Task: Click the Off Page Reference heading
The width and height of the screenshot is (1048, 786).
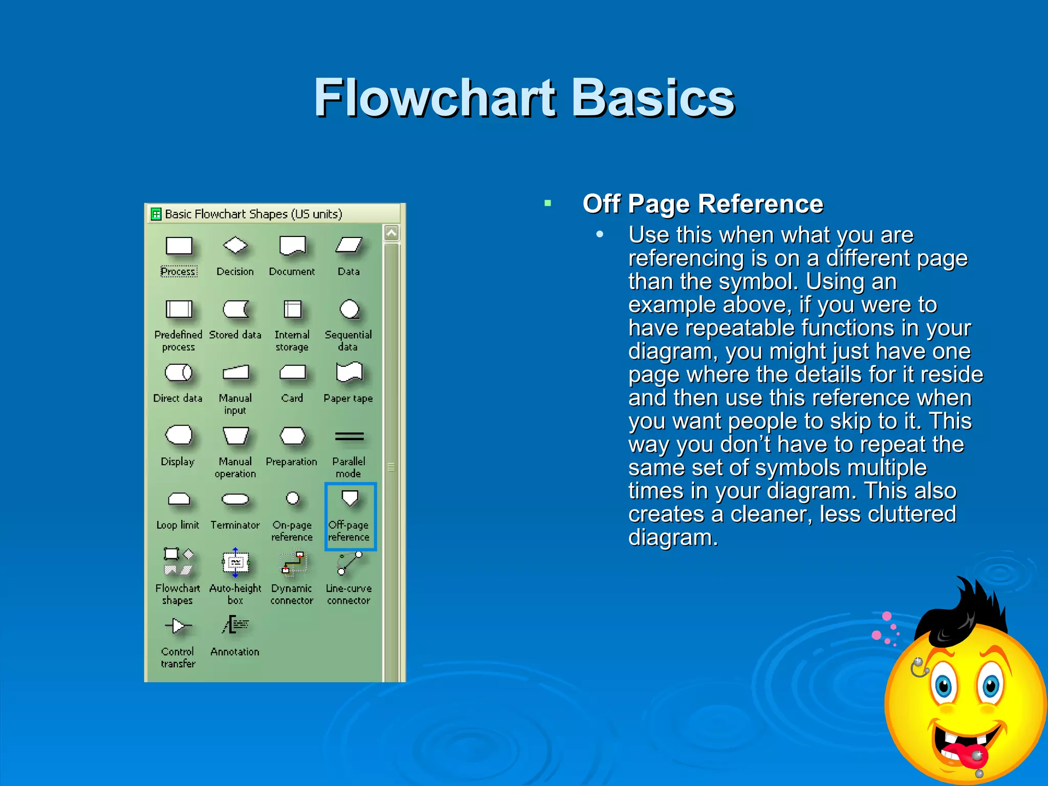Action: pyautogui.click(x=702, y=204)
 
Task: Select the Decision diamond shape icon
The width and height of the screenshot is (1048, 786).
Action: pyautogui.click(x=235, y=246)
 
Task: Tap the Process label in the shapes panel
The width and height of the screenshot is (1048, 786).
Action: pyautogui.click(x=178, y=271)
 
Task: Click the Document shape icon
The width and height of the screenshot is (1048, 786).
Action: pyautogui.click(x=292, y=246)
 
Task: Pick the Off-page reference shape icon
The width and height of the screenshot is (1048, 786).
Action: pyautogui.click(x=350, y=497)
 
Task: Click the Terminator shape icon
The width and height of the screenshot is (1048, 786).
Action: pyautogui.click(x=235, y=499)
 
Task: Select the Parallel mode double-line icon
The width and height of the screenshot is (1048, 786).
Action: pyautogui.click(x=349, y=436)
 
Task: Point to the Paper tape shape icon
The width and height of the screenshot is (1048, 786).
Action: pyautogui.click(x=349, y=372)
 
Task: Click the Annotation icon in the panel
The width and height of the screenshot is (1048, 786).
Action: pyautogui.click(x=235, y=625)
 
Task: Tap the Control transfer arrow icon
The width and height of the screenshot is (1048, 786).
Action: pyautogui.click(x=178, y=625)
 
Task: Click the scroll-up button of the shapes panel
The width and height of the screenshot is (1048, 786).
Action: pyautogui.click(x=391, y=233)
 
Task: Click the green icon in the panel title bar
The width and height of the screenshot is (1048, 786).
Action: pyautogui.click(x=156, y=214)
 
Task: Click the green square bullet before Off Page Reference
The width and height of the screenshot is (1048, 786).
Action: pyautogui.click(x=548, y=203)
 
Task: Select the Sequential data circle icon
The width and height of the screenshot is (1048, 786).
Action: pyautogui.click(x=350, y=309)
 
